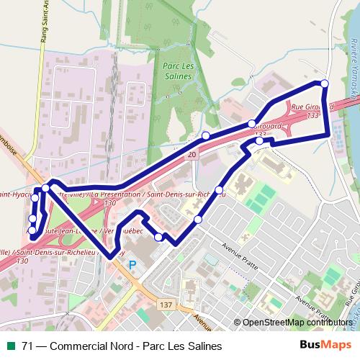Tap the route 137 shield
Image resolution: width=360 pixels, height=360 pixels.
[166, 305]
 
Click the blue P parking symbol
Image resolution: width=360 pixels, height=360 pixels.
[132, 265]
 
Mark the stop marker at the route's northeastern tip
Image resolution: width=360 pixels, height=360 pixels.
[324, 84]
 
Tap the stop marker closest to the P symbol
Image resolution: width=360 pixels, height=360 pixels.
[158, 236]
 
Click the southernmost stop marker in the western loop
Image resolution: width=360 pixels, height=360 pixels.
[32, 230]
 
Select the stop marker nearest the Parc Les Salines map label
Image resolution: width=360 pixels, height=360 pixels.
[206, 135]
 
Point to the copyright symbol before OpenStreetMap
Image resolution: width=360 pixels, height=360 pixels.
[237, 323]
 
